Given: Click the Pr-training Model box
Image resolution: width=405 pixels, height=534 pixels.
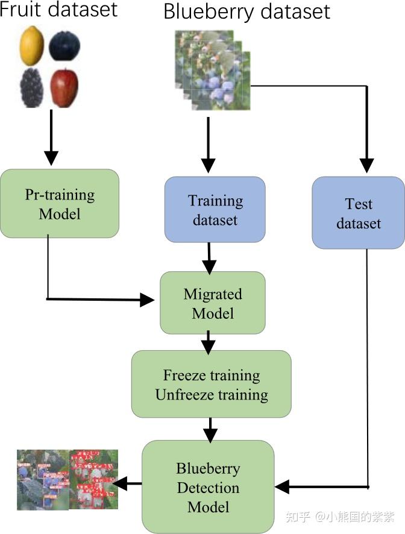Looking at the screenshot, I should pyautogui.click(x=60, y=204).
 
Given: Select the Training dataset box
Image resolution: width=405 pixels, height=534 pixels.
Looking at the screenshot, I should pyautogui.click(x=215, y=210).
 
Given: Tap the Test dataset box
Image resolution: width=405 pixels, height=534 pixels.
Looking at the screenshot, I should pyautogui.click(x=359, y=213).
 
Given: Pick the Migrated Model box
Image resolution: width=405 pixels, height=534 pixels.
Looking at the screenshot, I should pyautogui.click(x=212, y=303).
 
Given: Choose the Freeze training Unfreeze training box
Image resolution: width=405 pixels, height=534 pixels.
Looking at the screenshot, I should pyautogui.click(x=211, y=385).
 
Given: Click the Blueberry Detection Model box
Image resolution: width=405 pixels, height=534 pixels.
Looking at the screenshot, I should pyautogui.click(x=208, y=487).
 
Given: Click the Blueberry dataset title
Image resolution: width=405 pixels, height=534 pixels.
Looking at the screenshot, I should pyautogui.click(x=247, y=11).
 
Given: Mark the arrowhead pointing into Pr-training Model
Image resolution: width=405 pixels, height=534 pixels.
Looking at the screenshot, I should pyautogui.click(x=51, y=159).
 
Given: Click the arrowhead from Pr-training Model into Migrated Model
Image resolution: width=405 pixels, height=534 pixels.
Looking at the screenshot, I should pyautogui.click(x=148, y=299).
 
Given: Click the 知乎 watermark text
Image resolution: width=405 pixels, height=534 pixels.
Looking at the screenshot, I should pyautogui.click(x=297, y=517).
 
